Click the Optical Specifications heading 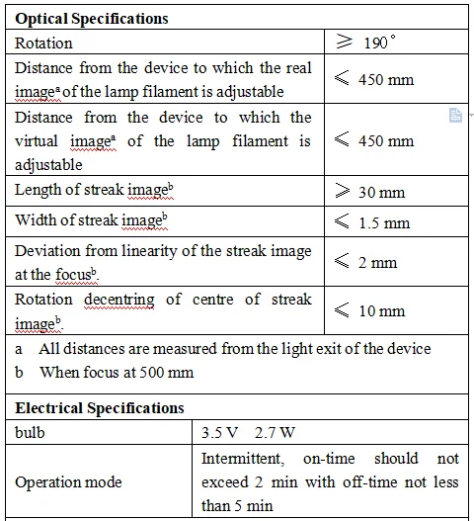pyautogui.click(x=92, y=19)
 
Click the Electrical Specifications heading pyautogui.click(x=100, y=407)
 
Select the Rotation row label pyautogui.click(x=43, y=43)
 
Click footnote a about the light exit pyautogui.click(x=223, y=348)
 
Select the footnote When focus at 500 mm pyautogui.click(x=117, y=373)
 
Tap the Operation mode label pyautogui.click(x=68, y=482)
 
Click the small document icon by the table pyautogui.click(x=455, y=116)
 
